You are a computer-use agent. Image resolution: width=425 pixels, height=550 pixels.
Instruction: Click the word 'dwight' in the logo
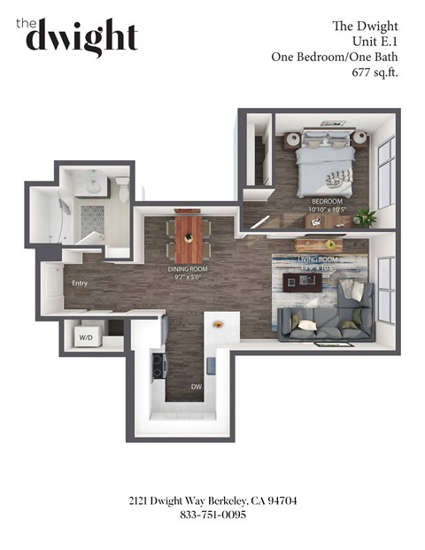(x=81, y=38)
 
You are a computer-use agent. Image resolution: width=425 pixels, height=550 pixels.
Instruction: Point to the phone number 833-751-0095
(x=212, y=515)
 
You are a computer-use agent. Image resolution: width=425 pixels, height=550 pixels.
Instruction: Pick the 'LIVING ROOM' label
(x=316, y=260)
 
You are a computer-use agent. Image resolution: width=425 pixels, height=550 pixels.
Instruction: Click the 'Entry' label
(x=80, y=283)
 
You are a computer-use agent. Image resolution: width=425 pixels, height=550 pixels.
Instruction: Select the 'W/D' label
(x=87, y=337)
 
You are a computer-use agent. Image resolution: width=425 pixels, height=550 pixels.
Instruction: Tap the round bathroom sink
(x=94, y=184)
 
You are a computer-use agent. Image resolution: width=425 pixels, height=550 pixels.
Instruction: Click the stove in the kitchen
(x=159, y=363)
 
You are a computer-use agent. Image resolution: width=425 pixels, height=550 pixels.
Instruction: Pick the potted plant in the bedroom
(x=366, y=215)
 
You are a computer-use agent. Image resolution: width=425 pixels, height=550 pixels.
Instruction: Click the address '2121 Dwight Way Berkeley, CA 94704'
(x=212, y=500)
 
